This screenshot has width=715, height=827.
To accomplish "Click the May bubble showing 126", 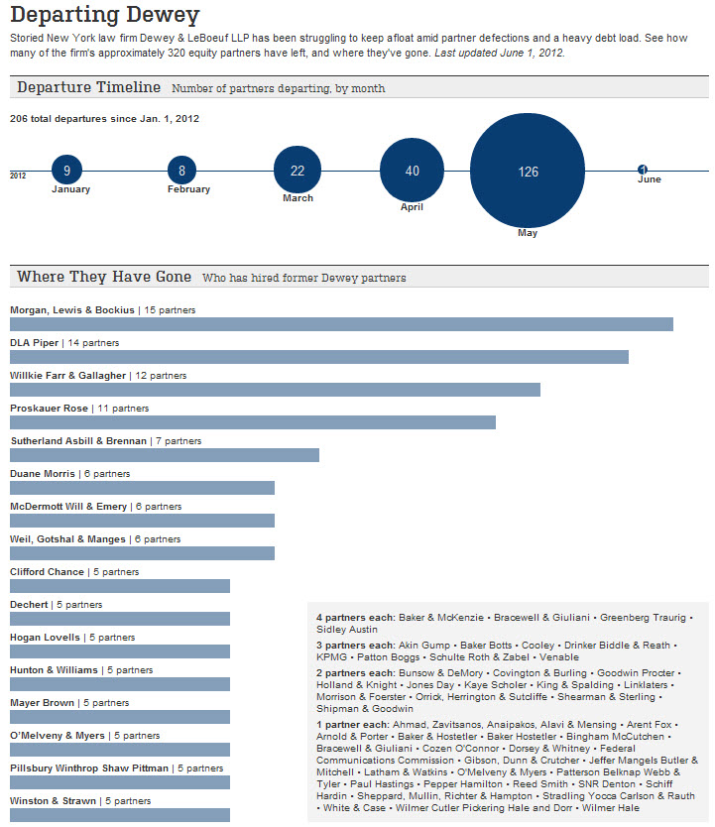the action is [x=528, y=171].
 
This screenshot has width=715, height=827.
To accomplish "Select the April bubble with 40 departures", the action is [x=412, y=171].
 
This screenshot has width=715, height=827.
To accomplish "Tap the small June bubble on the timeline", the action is [x=643, y=170].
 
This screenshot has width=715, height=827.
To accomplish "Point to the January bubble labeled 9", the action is [x=67, y=171].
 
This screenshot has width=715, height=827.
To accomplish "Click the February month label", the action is [x=188, y=188].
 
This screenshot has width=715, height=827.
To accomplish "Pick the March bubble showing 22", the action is [x=298, y=170].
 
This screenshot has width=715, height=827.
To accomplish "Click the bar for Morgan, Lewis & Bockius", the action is [x=342, y=324].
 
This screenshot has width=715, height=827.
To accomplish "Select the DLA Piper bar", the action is [x=319, y=357].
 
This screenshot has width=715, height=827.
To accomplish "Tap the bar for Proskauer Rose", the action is [x=253, y=422].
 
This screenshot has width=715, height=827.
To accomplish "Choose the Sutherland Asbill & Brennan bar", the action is [x=165, y=455].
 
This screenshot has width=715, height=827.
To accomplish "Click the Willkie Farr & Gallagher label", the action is [x=68, y=376].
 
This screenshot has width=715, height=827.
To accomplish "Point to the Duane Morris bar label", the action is [x=43, y=474].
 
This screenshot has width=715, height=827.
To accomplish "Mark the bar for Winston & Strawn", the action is [x=120, y=815].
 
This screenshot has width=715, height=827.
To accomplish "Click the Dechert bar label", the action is [x=29, y=605].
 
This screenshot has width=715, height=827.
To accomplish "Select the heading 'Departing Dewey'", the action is [x=105, y=15].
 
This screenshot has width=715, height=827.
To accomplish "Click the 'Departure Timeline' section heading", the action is [x=88, y=87].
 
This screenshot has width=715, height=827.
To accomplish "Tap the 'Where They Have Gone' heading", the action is [x=104, y=277].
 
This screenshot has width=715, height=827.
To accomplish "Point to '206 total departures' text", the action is [x=58, y=119].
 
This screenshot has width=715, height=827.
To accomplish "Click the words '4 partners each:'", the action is [x=355, y=618].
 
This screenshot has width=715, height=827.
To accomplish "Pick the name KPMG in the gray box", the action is [x=331, y=657].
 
